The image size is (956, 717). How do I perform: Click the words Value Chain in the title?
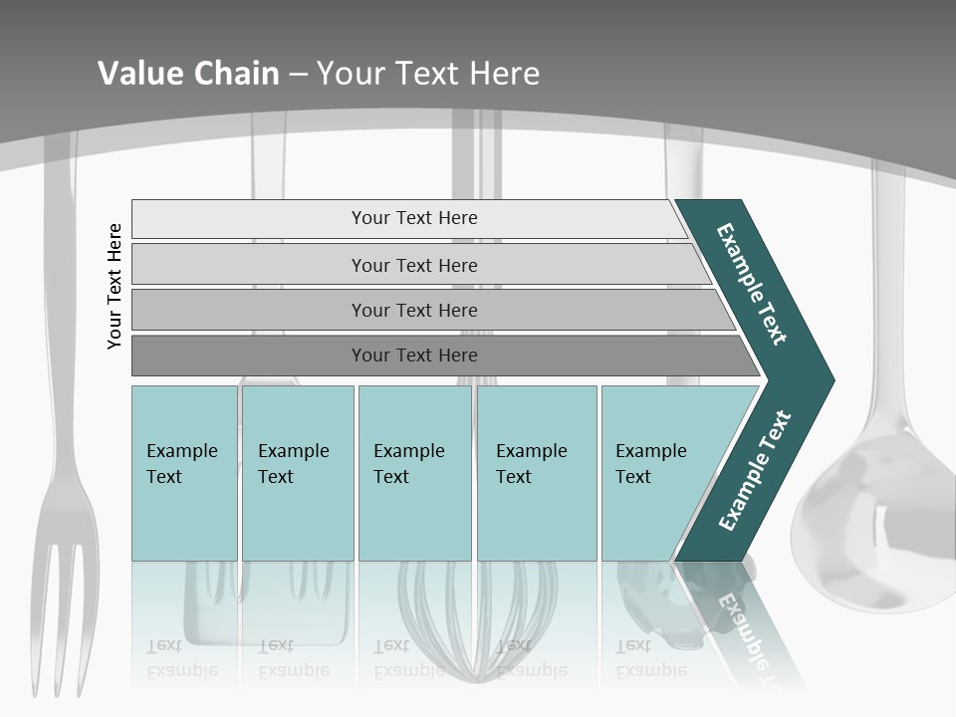tap(188, 73)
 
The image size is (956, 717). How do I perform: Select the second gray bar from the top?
tap(413, 265)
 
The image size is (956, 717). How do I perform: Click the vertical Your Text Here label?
tap(115, 286)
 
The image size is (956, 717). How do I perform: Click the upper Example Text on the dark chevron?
tap(751, 284)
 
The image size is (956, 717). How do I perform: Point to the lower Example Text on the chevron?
tap(754, 471)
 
